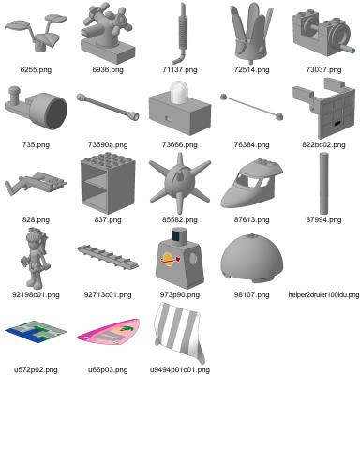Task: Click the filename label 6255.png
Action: pos(36,69)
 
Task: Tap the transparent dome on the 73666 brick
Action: pos(178,92)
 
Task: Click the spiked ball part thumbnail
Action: pos(180,183)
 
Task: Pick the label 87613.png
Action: pos(251,219)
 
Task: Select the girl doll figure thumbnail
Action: pos(36,259)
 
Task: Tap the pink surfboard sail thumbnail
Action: pos(108,332)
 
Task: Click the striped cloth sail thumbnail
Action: pos(180,333)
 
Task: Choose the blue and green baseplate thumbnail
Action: pos(36,332)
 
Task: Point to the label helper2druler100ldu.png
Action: pos(323,294)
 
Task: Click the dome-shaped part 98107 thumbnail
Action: pos(251,258)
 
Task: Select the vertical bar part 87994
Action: pos(323,184)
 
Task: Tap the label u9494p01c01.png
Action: pos(180,369)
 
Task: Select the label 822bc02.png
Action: pos(323,144)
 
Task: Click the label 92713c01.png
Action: pos(108,294)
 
